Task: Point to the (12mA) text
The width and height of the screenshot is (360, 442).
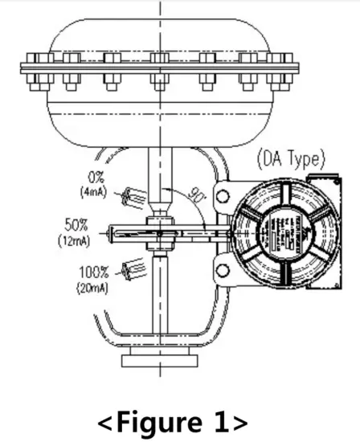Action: tap(76, 239)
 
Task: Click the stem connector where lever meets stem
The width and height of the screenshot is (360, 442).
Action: tap(161, 233)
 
